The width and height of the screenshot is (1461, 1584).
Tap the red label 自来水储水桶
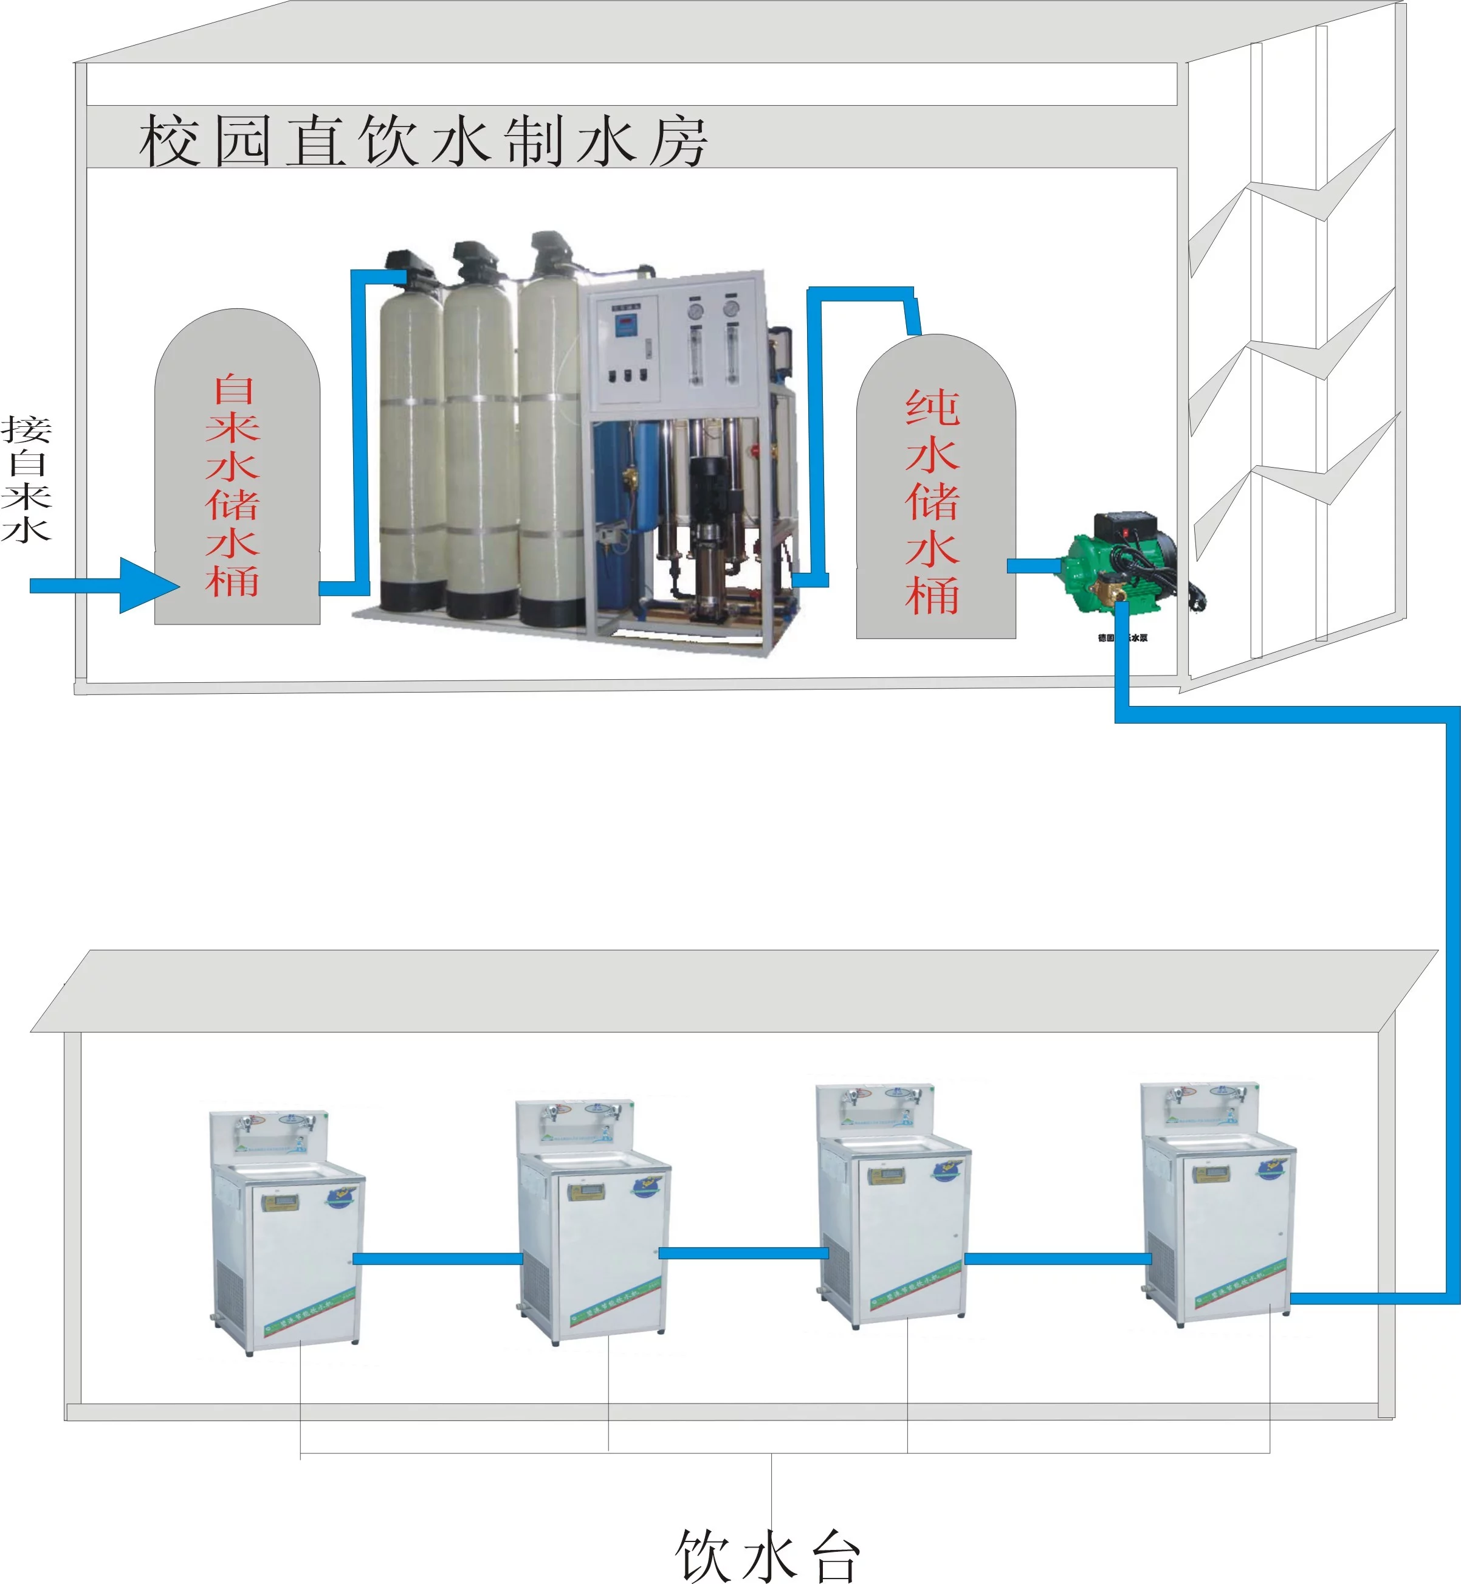pyautogui.click(x=233, y=486)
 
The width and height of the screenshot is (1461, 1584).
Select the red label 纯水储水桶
pyautogui.click(x=933, y=502)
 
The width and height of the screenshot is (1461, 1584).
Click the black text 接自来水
pyautogui.click(x=26, y=479)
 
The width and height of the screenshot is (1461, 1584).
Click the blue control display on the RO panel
pyautogui.click(x=625, y=323)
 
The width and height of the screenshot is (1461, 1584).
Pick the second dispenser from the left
pyautogui.click(x=593, y=1222)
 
